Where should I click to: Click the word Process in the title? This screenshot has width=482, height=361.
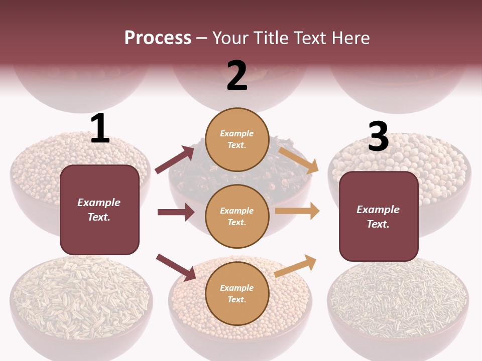[x=158, y=38]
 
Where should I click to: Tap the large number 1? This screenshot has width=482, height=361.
[x=100, y=128]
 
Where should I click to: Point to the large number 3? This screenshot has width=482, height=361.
[x=378, y=136]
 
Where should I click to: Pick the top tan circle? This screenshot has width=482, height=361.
[x=237, y=139]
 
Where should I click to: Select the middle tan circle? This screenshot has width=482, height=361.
[x=237, y=216]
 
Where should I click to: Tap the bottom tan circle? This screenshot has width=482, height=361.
[x=237, y=293]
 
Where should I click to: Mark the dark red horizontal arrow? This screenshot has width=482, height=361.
[x=176, y=212]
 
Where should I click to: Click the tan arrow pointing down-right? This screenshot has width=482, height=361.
[x=298, y=160]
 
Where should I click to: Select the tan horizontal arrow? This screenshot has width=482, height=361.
[x=297, y=211]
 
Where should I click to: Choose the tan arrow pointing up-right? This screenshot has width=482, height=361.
[x=296, y=266]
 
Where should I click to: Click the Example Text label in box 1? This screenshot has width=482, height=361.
[x=99, y=210]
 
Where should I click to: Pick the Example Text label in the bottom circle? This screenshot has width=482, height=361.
[x=237, y=293]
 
